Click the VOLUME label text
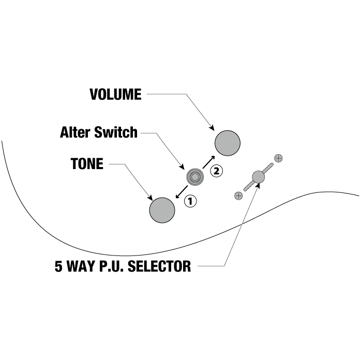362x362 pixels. (115, 94)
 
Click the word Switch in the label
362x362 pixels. (118, 132)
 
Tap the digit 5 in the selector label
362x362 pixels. (58, 267)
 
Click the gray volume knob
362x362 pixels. (228, 142)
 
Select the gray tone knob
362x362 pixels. (162, 210)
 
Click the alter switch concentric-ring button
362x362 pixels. (195, 177)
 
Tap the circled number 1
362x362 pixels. (190, 201)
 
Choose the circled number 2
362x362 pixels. (217, 170)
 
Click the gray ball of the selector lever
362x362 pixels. (258, 177)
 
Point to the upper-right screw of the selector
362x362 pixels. (278, 158)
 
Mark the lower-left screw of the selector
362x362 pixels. (238, 195)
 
